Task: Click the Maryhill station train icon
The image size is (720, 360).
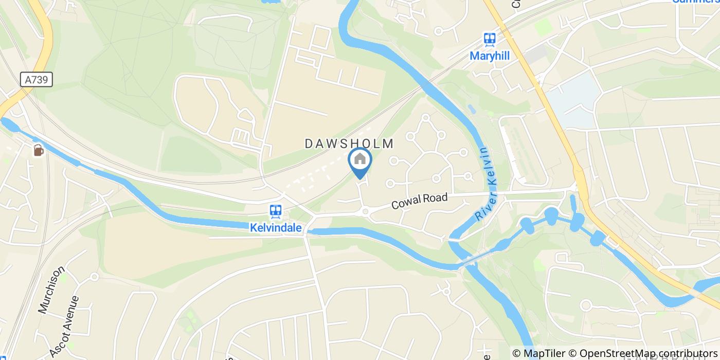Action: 489,39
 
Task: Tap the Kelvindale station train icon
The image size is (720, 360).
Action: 276,211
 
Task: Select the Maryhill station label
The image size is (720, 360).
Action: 490,56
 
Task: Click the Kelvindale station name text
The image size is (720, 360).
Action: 276,228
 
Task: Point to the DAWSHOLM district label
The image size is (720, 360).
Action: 349,144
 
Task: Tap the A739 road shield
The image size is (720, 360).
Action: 37,79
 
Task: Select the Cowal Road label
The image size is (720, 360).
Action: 419,201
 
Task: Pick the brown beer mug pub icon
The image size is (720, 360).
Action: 38,150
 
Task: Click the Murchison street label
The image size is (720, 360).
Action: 51,290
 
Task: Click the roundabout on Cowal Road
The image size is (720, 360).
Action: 366,210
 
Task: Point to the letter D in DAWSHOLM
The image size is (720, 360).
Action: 309,144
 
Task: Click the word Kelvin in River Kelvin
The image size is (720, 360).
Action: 485,164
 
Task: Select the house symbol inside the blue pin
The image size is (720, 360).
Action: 360,159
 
